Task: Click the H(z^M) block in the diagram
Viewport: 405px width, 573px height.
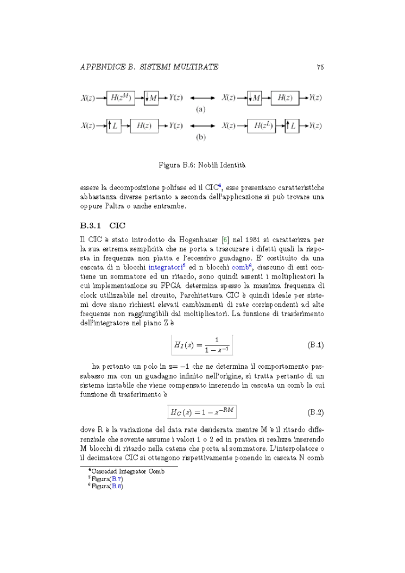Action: pos(121,98)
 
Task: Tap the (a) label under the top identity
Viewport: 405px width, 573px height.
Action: pos(200,109)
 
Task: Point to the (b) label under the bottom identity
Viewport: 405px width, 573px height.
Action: pos(200,137)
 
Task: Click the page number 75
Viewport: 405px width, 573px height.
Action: pos(320,67)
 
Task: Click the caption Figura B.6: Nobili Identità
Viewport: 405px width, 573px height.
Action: pos(201,163)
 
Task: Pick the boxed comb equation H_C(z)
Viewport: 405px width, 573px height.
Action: pos(202,412)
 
